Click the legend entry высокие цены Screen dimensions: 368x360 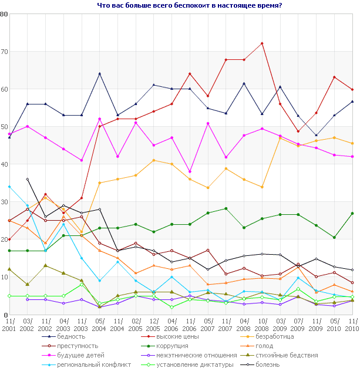coord(170,336)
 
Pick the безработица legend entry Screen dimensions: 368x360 coord(271,336)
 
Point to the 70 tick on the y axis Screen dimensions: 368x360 coord(5,52)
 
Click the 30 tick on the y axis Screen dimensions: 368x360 coord(5,202)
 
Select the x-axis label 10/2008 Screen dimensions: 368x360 coord(262,325)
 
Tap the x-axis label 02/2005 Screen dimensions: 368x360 coord(136,325)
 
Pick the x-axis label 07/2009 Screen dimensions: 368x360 coord(298,325)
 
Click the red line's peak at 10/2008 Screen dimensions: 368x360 coord(262,43)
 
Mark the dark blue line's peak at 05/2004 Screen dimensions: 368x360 coord(100,73)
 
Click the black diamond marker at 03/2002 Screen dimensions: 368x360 coord(28,179)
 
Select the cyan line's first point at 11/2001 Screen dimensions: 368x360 coord(9,187)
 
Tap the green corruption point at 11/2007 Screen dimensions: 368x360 coord(226,208)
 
